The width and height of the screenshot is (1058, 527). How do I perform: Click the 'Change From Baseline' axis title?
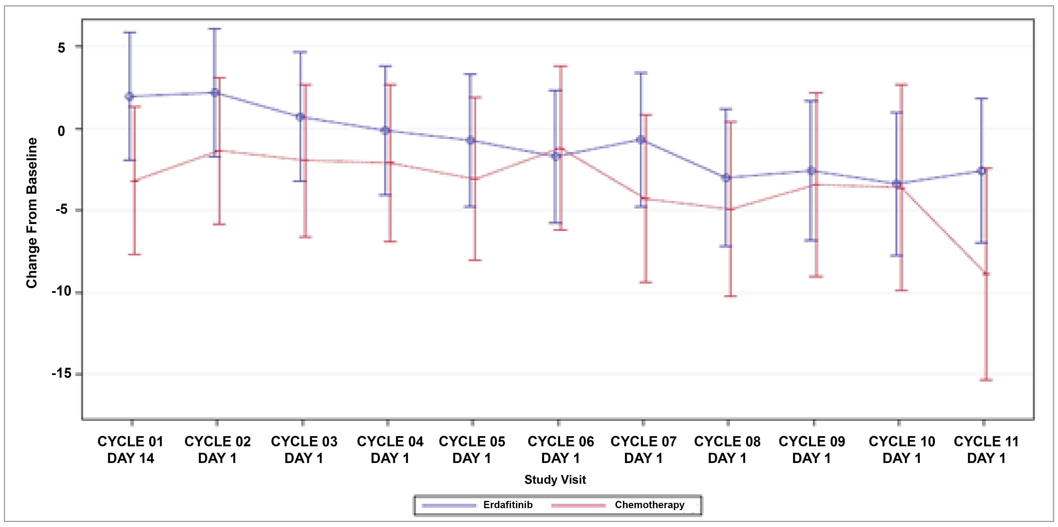point(32,213)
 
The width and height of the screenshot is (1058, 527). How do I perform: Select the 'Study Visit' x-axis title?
point(555,479)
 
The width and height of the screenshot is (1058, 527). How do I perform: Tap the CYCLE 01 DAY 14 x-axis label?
point(131,449)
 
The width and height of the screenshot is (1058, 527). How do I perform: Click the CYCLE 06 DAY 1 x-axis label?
point(561,449)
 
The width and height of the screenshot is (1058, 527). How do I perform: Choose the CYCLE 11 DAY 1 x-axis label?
point(986,449)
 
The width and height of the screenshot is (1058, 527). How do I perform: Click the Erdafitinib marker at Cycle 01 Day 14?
point(129,96)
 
